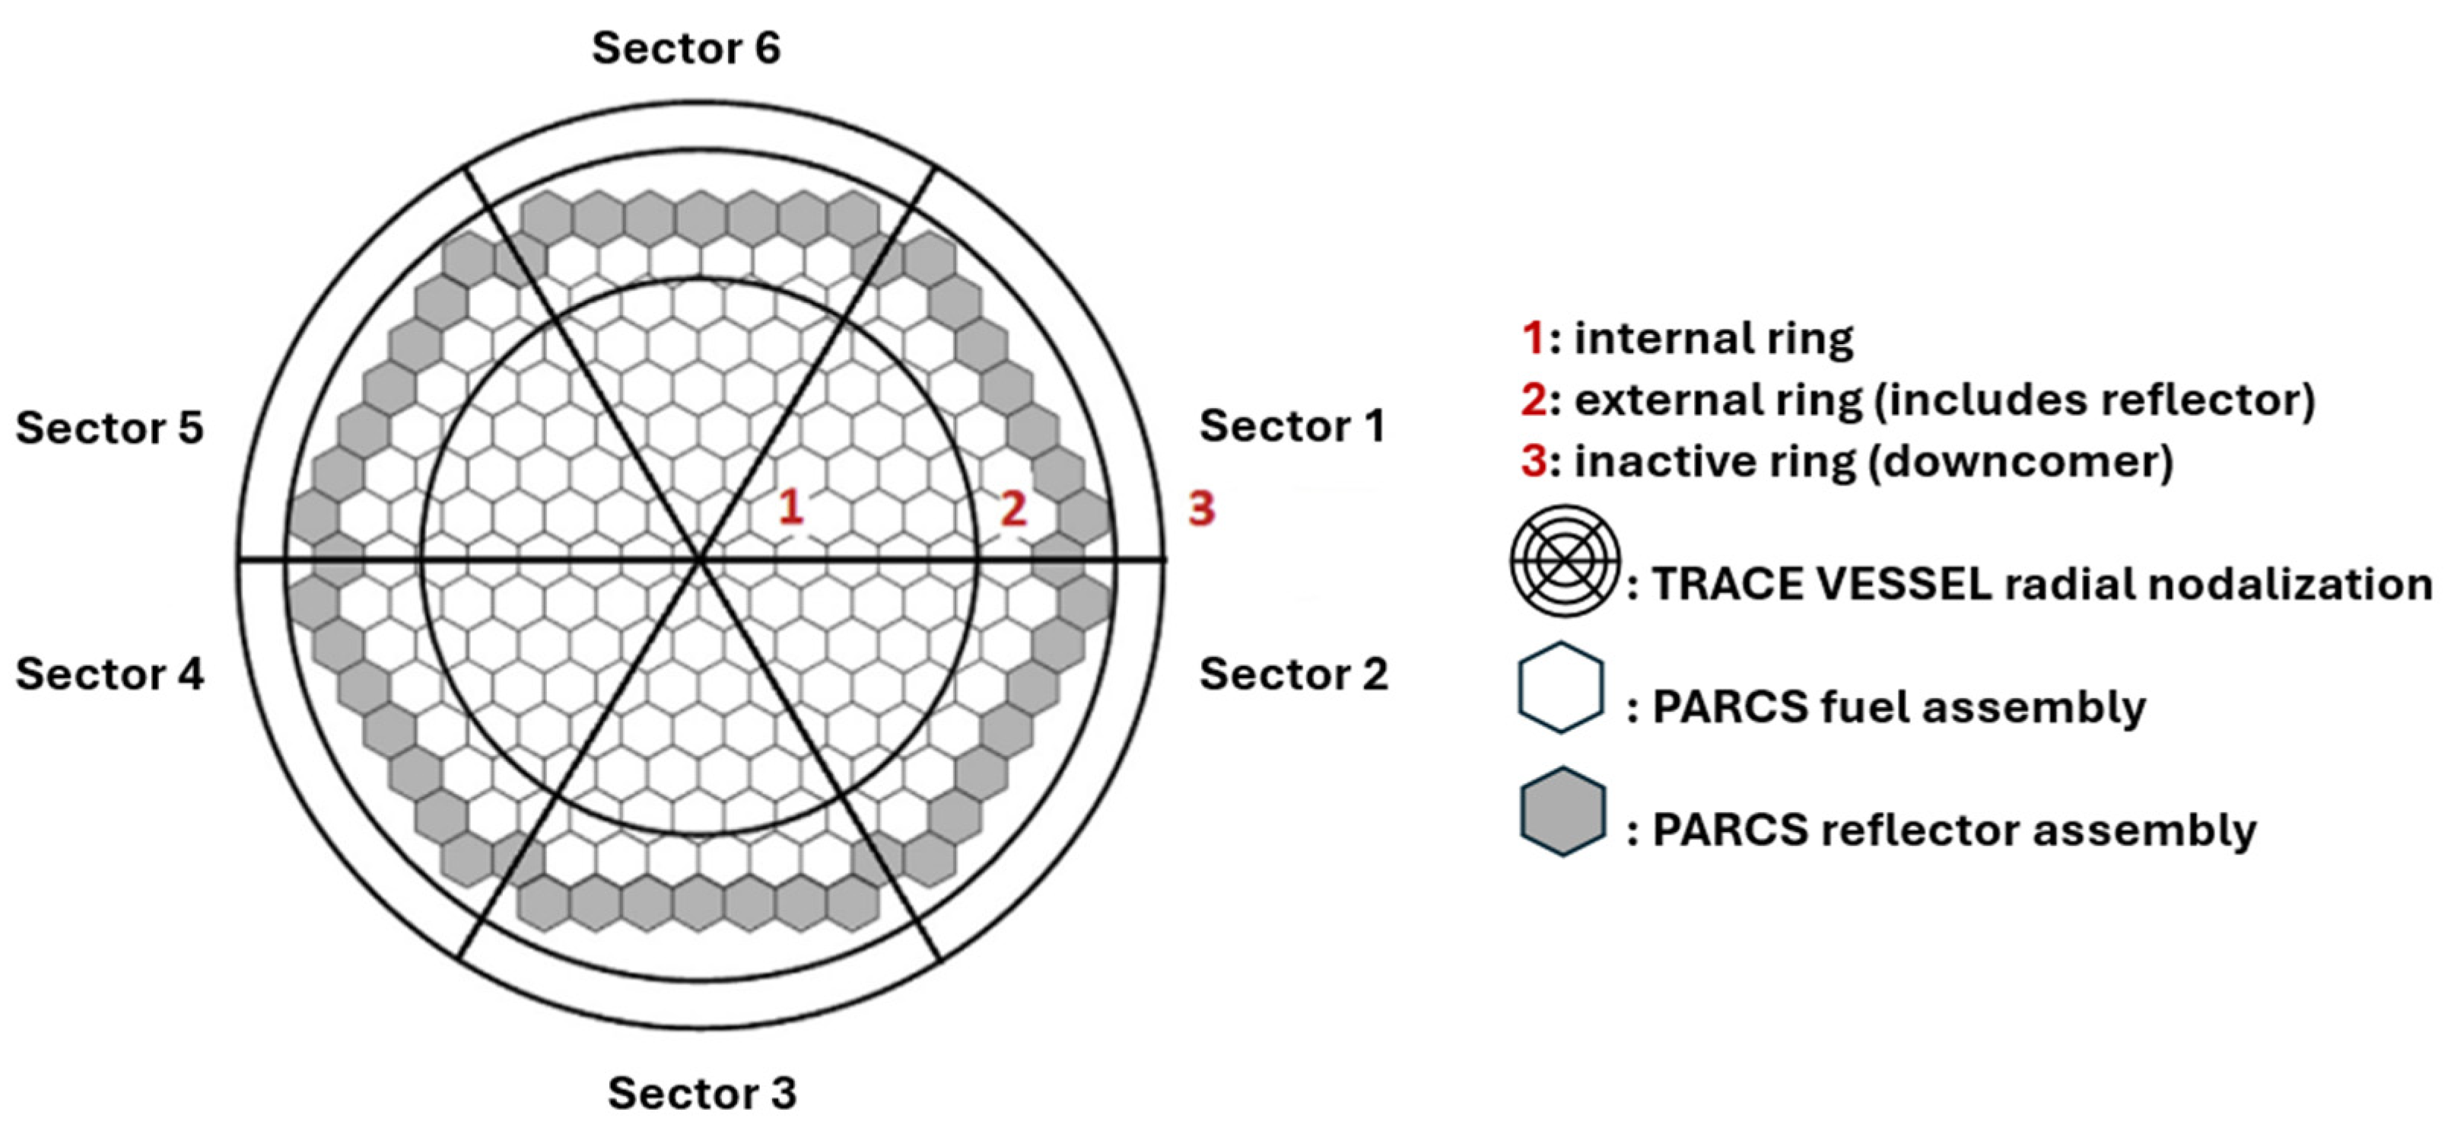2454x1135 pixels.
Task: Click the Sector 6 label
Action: pyautogui.click(x=686, y=48)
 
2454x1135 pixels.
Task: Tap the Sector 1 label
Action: pyautogui.click(x=1292, y=426)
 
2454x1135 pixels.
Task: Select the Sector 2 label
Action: pyautogui.click(x=1292, y=674)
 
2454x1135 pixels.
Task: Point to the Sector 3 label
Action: pyautogui.click(x=702, y=1093)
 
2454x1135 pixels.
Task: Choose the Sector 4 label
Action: pyautogui.click(x=110, y=674)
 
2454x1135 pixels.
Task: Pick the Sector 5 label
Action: pyautogui.click(x=110, y=428)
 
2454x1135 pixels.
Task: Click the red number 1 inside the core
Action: pyautogui.click(x=790, y=507)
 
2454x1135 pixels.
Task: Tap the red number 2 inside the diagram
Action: pyautogui.click(x=1012, y=509)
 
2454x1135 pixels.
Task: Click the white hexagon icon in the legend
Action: pyautogui.click(x=1560, y=688)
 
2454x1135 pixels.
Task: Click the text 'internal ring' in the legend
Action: pyautogui.click(x=1713, y=338)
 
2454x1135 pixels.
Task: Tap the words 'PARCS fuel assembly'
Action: pyautogui.click(x=1899, y=707)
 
